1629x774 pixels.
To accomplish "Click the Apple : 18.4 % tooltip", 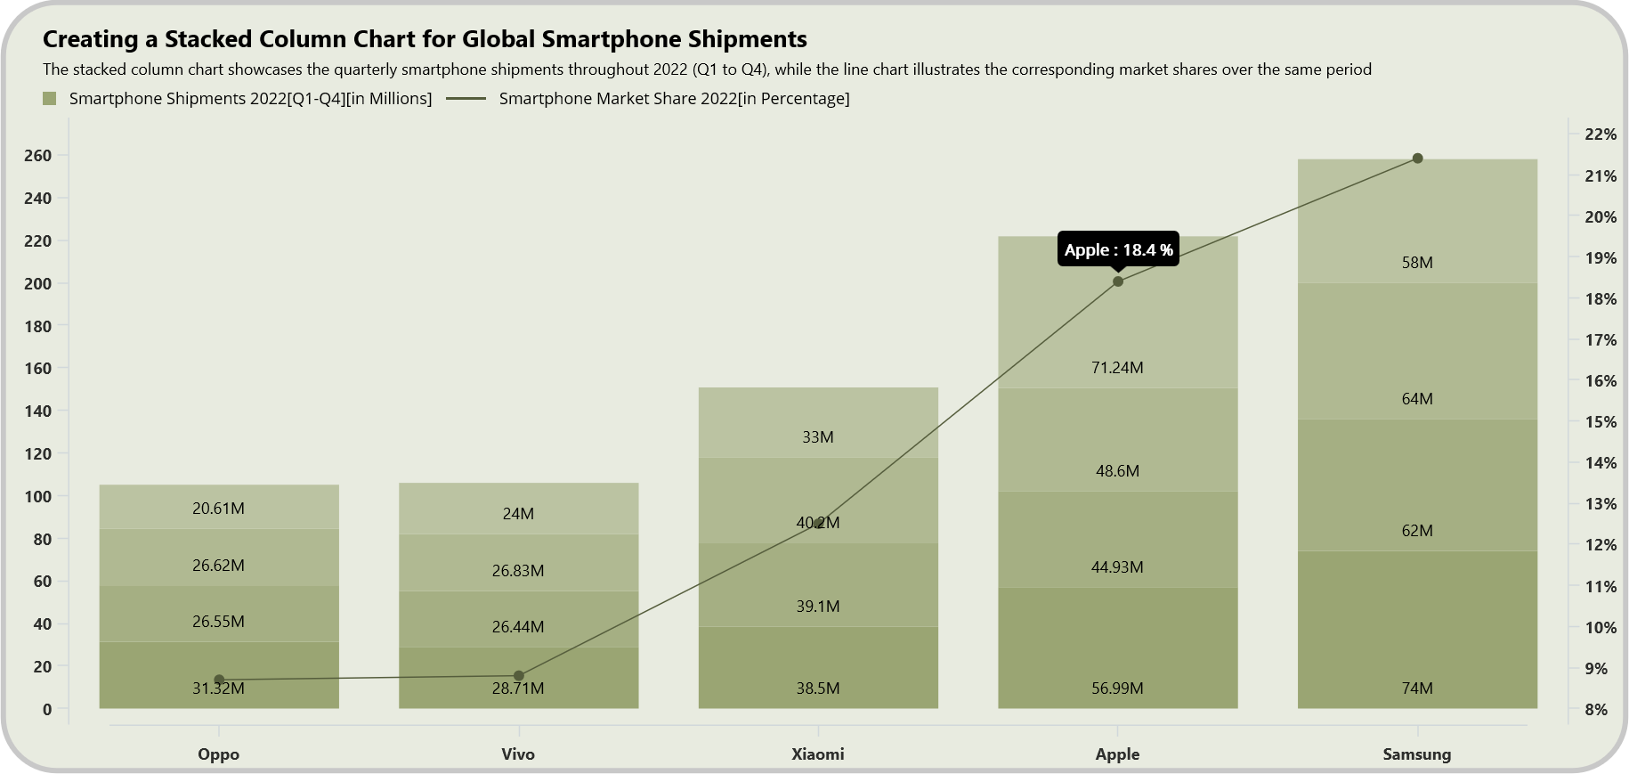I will pyautogui.click(x=1118, y=249).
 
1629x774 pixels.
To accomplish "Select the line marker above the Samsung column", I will pyautogui.click(x=1417, y=159).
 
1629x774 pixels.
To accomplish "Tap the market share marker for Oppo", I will pyautogui.click(x=219, y=680).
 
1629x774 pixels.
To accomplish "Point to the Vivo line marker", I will pyautogui.click(x=519, y=676).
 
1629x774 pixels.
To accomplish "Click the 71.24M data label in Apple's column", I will pyautogui.click(x=1117, y=368).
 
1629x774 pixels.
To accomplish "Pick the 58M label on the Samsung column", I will pyautogui.click(x=1417, y=263).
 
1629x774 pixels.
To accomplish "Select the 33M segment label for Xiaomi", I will pyautogui.click(x=817, y=437).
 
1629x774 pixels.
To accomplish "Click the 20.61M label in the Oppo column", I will pyautogui.click(x=218, y=509).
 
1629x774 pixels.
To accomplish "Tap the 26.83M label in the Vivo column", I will pyautogui.click(x=518, y=571).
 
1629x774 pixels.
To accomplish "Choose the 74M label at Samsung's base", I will pyautogui.click(x=1417, y=688).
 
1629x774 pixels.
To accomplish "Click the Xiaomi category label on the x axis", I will pyautogui.click(x=817, y=754).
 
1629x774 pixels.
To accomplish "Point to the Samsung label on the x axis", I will pyautogui.click(x=1416, y=754).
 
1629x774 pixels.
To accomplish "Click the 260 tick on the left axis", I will pyautogui.click(x=38, y=156).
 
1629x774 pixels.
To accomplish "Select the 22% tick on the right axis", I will pyautogui.click(x=1600, y=134).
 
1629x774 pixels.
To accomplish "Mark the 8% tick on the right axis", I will pyautogui.click(x=1596, y=710).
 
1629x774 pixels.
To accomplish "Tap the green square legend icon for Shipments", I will pyautogui.click(x=50, y=98).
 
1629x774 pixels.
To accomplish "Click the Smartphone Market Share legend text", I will pyautogui.click(x=674, y=99).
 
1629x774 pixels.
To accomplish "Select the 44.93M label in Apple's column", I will pyautogui.click(x=1117, y=567).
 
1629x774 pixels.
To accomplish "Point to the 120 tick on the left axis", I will pyautogui.click(x=38, y=453).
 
